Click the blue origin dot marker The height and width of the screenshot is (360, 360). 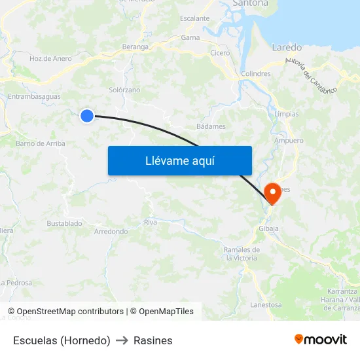point(87,116)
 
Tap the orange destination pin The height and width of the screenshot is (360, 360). point(272,193)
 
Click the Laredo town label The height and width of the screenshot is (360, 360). point(287,47)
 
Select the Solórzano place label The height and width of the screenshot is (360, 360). point(124,90)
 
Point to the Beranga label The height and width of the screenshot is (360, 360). point(136,47)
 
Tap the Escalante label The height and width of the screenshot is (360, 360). point(194,18)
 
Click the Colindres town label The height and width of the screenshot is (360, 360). point(256,74)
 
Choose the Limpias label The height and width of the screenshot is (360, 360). point(287,114)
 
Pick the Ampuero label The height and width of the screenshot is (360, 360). point(289,141)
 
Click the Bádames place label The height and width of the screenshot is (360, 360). point(211,126)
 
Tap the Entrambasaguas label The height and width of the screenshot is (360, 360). point(34,96)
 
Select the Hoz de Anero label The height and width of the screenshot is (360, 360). point(50,58)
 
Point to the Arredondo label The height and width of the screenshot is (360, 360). point(111,232)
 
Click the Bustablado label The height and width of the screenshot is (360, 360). point(64,223)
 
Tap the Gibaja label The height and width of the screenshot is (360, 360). point(268,228)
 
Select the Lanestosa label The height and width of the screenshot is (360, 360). point(266,304)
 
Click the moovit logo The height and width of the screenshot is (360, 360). point(321,340)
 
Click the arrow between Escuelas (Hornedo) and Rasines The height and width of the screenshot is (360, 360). point(122,340)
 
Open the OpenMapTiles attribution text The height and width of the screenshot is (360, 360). point(166,312)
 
